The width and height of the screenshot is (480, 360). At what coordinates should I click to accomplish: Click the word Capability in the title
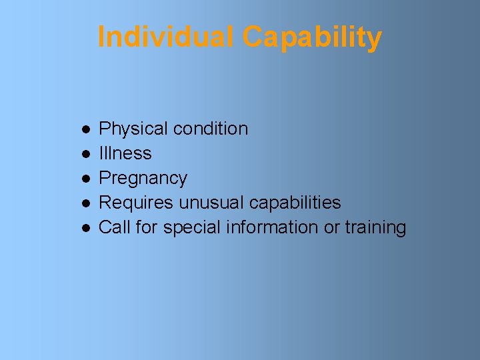(312, 37)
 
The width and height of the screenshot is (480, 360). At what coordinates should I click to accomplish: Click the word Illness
(125, 153)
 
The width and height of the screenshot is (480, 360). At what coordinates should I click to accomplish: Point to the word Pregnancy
(143, 179)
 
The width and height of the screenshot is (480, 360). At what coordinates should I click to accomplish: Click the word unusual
(211, 203)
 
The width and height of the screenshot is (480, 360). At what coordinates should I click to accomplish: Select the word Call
(114, 227)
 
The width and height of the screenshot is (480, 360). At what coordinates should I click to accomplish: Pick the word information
(273, 227)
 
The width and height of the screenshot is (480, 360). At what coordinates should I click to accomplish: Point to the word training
(375, 227)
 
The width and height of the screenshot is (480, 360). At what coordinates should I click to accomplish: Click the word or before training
(331, 227)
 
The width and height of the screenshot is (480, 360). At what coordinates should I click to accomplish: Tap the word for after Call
(146, 227)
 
